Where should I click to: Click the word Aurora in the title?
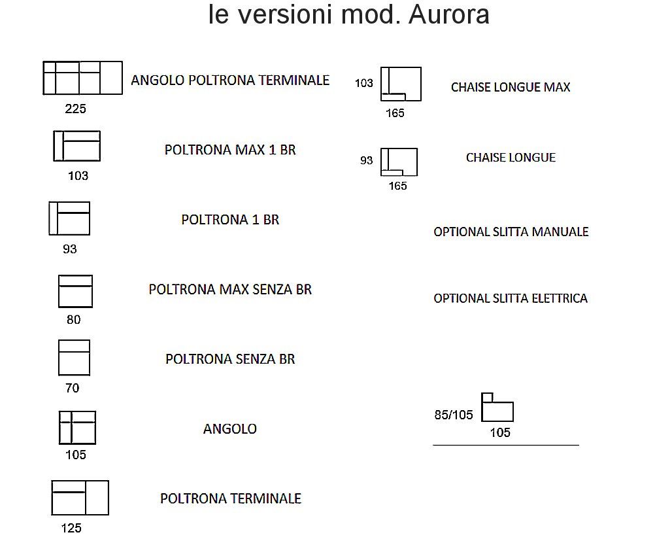(448, 14)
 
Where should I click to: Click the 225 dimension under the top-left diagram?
(76, 109)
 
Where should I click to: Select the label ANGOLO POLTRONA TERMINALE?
(230, 80)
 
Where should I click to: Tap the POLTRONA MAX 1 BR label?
(230, 150)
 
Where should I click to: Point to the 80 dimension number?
(73, 319)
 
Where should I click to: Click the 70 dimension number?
(73, 388)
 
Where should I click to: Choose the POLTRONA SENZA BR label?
(230, 358)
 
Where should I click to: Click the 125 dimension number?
(71, 528)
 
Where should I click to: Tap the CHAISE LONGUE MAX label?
(511, 87)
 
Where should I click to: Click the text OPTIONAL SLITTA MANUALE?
(511, 232)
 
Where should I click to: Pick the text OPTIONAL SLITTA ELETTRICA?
(511, 298)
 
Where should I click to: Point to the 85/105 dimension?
(454, 415)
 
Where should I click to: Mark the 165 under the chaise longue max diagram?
(395, 113)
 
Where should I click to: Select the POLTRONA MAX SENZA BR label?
(230, 289)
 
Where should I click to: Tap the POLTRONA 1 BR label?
(230, 220)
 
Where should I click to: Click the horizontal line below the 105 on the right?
(506, 445)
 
